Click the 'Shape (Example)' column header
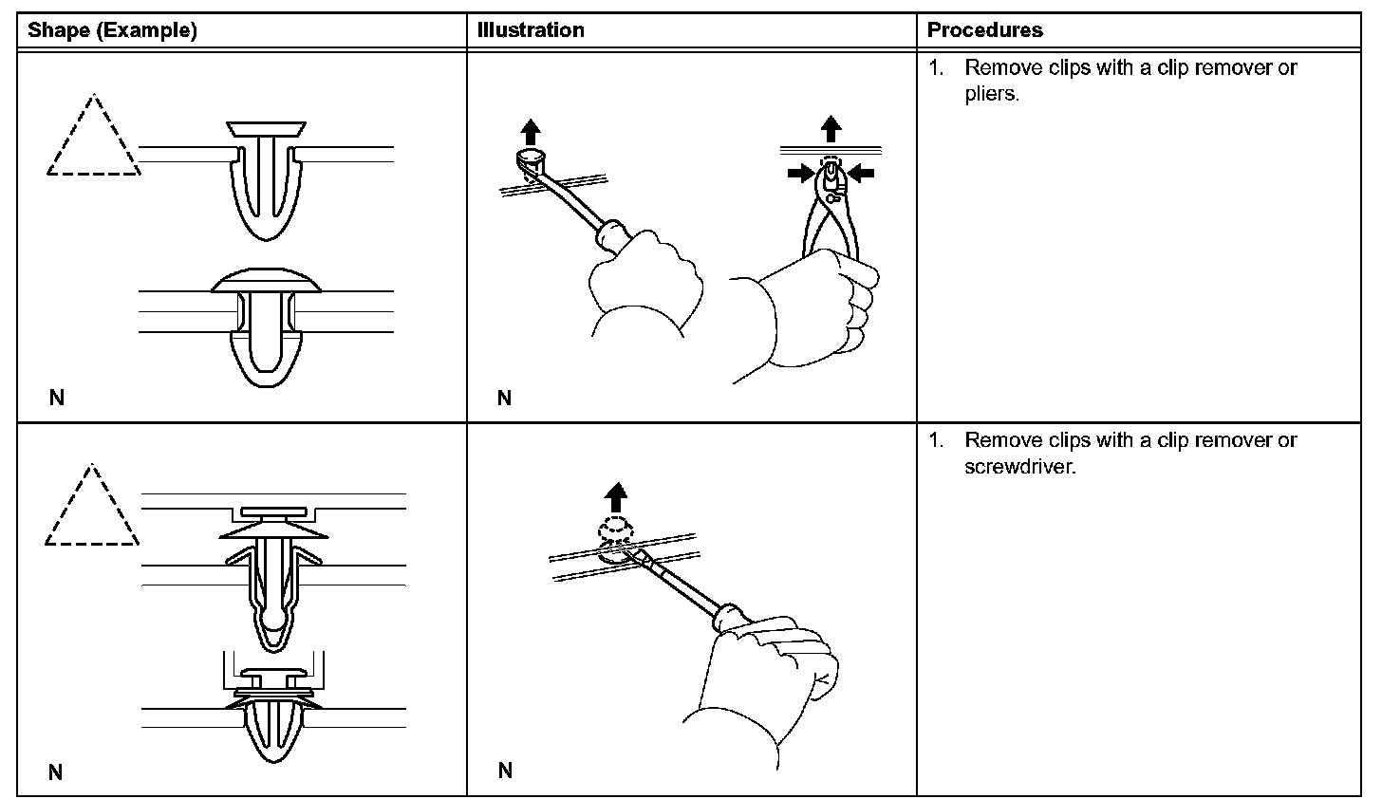pos(112,30)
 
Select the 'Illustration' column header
pos(531,30)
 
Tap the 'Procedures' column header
pos(984,30)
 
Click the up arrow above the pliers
pos(831,127)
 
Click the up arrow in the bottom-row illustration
pos(616,495)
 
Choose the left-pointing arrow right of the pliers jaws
pos(861,172)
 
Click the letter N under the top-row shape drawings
pos(57,398)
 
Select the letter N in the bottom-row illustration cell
pos(505,771)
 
